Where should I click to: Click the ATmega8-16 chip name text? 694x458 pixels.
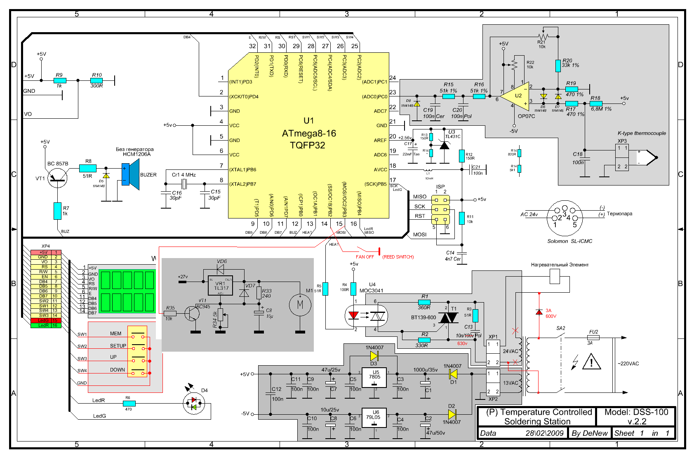pyautogui.click(x=309, y=134)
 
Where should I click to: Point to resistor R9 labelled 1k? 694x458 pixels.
pyautogui.click(x=59, y=80)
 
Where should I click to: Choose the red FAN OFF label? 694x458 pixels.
pyautogui.click(x=365, y=257)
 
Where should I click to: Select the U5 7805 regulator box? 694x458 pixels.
pyautogui.click(x=374, y=377)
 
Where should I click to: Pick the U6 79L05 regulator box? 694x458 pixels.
pyautogui.click(x=374, y=418)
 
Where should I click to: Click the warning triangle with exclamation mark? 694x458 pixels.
pyautogui.click(x=591, y=362)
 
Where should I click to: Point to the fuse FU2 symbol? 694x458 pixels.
pyautogui.click(x=593, y=338)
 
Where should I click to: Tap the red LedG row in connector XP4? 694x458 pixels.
pyautogui.click(x=46, y=320)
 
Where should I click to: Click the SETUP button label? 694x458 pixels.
pyautogui.click(x=118, y=346)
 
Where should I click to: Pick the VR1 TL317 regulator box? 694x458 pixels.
pyautogui.click(x=220, y=286)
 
